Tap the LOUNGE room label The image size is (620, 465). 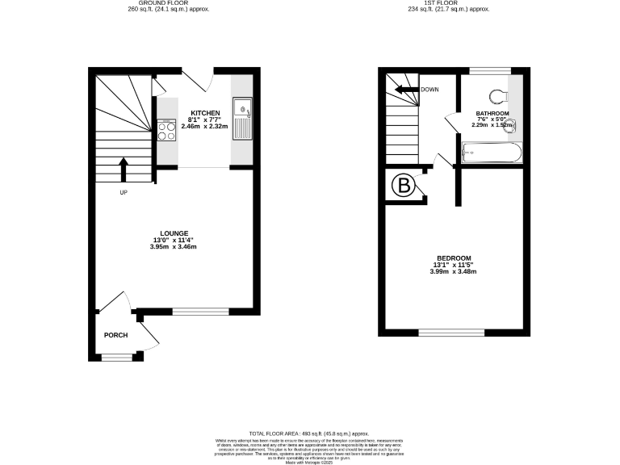coord(174,232)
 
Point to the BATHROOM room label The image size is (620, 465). coord(492,113)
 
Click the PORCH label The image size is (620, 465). coord(115,335)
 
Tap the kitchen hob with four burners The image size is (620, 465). coord(167,129)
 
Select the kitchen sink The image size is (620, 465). coord(241,110)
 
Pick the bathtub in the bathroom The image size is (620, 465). coord(492,152)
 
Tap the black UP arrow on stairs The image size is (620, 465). coord(124,170)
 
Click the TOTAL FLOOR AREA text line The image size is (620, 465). coord(309,434)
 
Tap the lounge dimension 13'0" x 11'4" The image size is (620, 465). coord(174,240)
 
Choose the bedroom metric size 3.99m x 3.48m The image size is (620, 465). coord(454,271)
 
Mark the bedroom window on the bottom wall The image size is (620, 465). coord(451,333)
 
